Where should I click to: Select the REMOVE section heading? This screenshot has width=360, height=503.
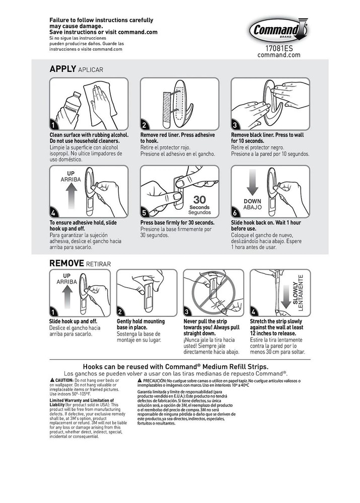(66, 263)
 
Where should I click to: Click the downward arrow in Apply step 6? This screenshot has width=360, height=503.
(252, 184)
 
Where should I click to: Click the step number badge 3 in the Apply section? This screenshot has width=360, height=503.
(235, 125)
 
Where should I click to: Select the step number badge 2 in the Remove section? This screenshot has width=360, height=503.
(120, 311)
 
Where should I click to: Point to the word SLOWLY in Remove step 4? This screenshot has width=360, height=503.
(296, 293)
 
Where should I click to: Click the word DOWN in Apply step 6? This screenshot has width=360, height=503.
(252, 201)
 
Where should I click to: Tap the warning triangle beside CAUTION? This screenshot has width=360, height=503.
(52, 380)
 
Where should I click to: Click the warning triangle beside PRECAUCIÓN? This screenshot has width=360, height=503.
(139, 381)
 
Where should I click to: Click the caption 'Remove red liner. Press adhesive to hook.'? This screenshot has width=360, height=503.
(178, 138)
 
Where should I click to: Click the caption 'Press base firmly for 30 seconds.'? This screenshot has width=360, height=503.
(177, 222)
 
